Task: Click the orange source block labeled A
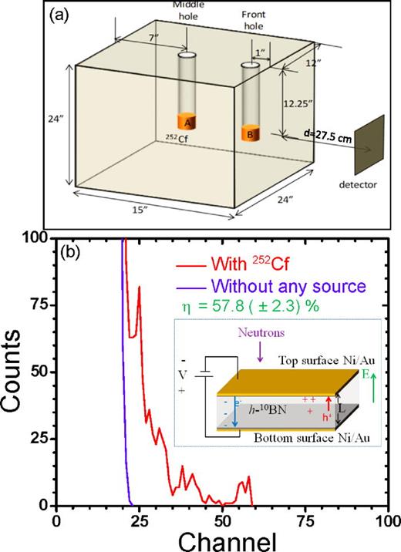187,122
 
